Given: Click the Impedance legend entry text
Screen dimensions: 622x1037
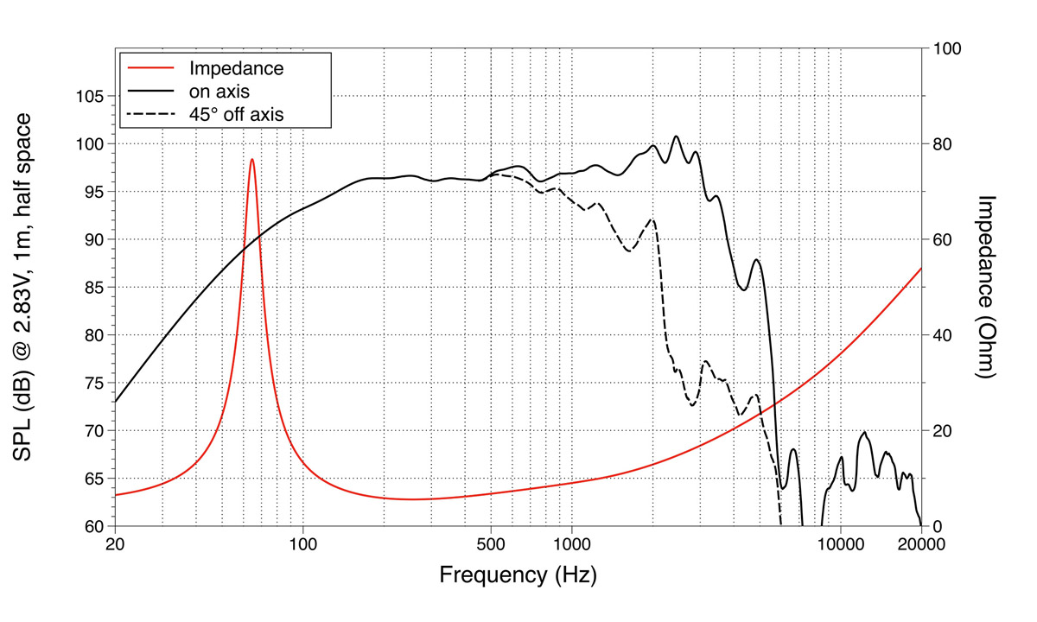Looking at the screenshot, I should pyautogui.click(x=237, y=67).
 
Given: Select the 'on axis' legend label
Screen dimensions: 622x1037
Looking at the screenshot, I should pyautogui.click(x=219, y=90).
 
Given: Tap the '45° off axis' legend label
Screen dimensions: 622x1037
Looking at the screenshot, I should pyautogui.click(x=237, y=112).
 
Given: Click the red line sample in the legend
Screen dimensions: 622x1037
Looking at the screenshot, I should pyautogui.click(x=151, y=67).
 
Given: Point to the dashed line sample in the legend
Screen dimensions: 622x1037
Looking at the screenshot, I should pyautogui.click(x=151, y=112).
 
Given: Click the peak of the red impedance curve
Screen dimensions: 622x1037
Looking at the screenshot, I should pyautogui.click(x=251, y=159).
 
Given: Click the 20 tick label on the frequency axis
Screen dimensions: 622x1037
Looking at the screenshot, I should pyautogui.click(x=116, y=545).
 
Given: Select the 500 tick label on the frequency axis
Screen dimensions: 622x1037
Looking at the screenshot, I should pyautogui.click(x=491, y=545).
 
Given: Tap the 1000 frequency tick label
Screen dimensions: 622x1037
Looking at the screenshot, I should pyautogui.click(x=571, y=545).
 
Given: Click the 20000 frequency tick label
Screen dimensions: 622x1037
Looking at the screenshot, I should pyautogui.click(x=920, y=545).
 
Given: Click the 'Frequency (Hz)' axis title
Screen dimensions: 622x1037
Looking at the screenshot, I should pyautogui.click(x=518, y=574).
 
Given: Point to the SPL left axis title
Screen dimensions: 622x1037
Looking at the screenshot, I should pyautogui.click(x=25, y=287).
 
